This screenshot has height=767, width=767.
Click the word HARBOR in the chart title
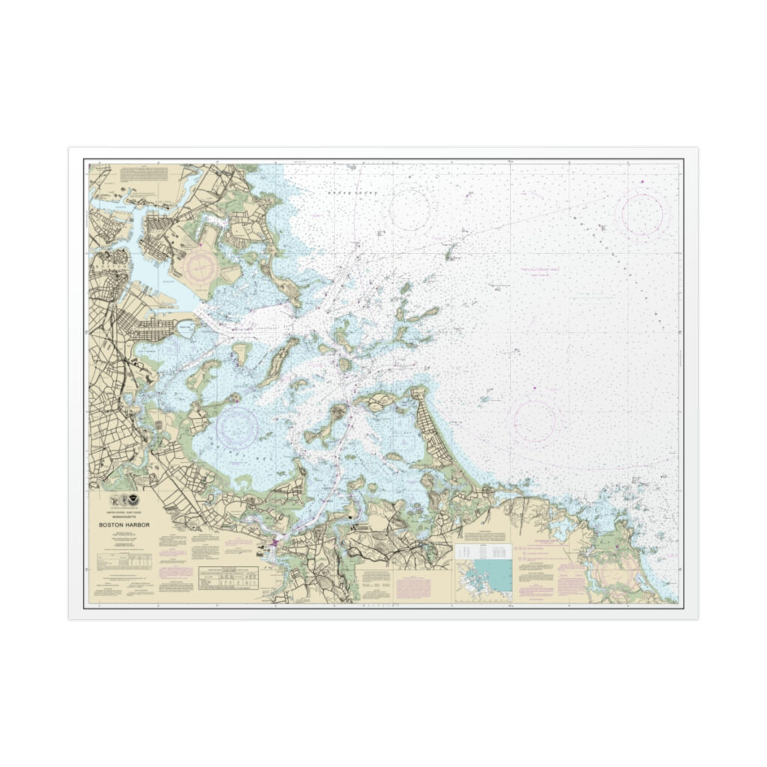[135, 525]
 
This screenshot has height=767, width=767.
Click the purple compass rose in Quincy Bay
[237, 426]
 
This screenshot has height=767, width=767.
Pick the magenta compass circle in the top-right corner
[642, 214]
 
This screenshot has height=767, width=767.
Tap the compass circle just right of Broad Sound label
[410, 207]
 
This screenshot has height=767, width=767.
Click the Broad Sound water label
[354, 193]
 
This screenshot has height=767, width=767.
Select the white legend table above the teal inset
[482, 553]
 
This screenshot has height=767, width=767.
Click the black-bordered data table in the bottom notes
[228, 576]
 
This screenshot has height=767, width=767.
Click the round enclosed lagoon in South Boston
[184, 328]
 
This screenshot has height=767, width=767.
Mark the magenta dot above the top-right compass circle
[642, 181]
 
